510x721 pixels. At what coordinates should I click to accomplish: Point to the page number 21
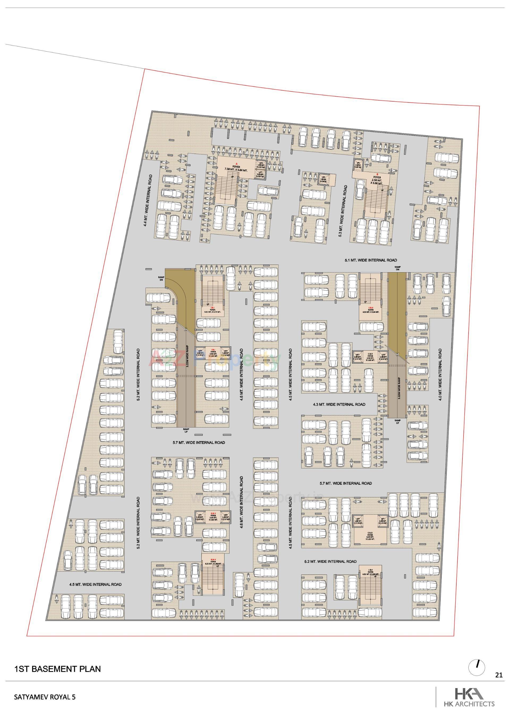tap(499, 675)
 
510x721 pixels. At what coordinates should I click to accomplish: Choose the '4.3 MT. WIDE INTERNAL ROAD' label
tap(339, 404)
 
